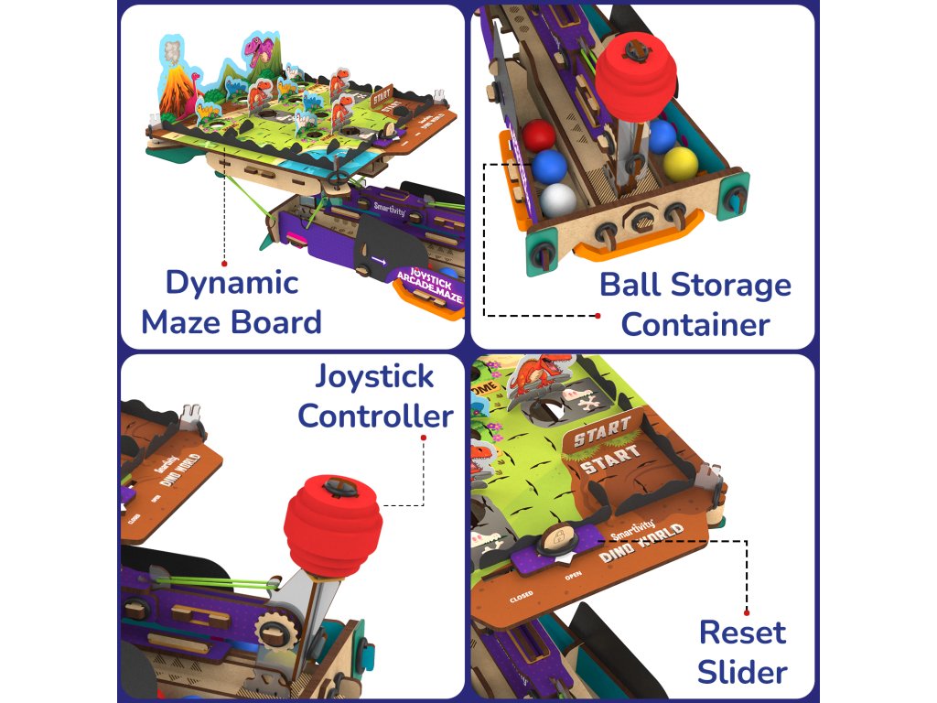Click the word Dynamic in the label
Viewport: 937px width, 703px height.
(x=232, y=283)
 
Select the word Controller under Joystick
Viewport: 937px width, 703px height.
(x=375, y=416)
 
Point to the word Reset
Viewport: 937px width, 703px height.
(x=742, y=633)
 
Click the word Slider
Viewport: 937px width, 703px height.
(x=742, y=673)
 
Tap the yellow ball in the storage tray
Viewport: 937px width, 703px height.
(x=680, y=163)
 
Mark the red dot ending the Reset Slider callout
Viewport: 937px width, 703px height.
(x=747, y=611)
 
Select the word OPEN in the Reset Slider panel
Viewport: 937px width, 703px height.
(x=574, y=577)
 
